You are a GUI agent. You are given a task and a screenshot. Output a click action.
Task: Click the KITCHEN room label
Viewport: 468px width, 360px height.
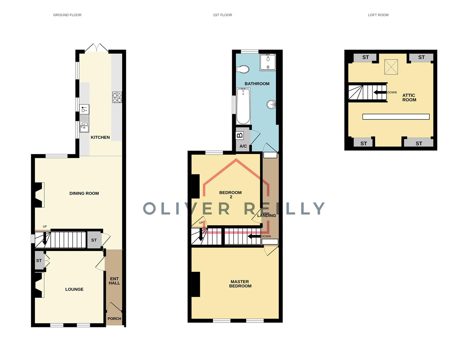pos(100,137)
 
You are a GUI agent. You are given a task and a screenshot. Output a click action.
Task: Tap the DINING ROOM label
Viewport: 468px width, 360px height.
pos(84,193)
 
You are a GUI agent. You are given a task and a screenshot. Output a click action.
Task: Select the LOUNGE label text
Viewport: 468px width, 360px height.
pos(74,289)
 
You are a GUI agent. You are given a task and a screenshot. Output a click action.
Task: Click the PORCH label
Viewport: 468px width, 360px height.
pos(114,319)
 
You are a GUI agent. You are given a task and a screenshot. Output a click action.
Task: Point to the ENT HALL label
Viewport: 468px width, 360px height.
pos(114,281)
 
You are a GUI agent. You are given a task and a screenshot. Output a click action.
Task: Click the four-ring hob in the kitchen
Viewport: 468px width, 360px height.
pos(117,97)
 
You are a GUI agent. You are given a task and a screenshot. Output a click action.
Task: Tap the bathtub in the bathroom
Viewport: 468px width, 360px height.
pos(243,106)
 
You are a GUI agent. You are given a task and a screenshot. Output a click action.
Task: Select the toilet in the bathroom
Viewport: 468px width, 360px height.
pos(243,69)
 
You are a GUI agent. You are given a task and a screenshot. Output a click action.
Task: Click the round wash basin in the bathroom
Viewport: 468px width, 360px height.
pos(271,105)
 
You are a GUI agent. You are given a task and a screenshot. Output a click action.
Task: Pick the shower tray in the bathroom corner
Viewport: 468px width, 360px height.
pos(268,62)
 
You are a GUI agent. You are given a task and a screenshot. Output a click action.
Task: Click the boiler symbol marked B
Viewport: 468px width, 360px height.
pos(239,136)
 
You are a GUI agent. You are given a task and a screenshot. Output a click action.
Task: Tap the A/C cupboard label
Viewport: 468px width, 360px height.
pos(243,146)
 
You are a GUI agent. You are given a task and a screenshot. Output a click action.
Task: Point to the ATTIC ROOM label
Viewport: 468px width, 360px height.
pos(409,97)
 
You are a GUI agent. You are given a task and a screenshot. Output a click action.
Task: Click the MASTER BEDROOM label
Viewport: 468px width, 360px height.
pos(240,284)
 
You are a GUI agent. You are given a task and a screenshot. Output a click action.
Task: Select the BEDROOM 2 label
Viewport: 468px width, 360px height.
pos(231,194)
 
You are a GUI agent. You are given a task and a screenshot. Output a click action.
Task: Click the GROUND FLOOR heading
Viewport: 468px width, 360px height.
pos(67,15)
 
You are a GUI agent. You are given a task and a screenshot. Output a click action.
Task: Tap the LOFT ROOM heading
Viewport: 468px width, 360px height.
pos(378,15)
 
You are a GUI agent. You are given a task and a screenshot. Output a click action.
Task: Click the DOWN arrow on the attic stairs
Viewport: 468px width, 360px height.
pos(380,92)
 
